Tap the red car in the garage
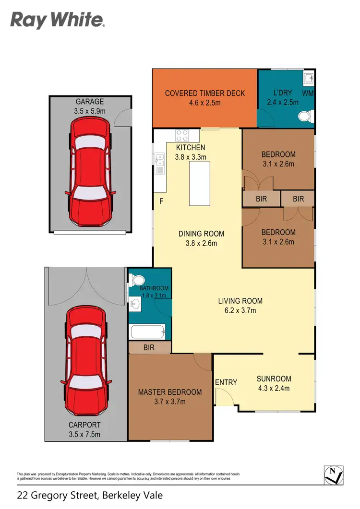point(90,173)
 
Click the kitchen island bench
point(200,183)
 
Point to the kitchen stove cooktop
point(182,135)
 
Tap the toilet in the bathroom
point(135,280)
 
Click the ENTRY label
point(226,382)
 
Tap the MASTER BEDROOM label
point(170,392)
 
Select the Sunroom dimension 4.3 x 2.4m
point(274,389)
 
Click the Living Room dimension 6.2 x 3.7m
point(240,310)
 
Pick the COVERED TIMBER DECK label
point(205,93)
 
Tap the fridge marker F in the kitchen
point(161,201)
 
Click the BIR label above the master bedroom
point(149,347)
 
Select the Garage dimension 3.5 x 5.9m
point(89,111)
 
